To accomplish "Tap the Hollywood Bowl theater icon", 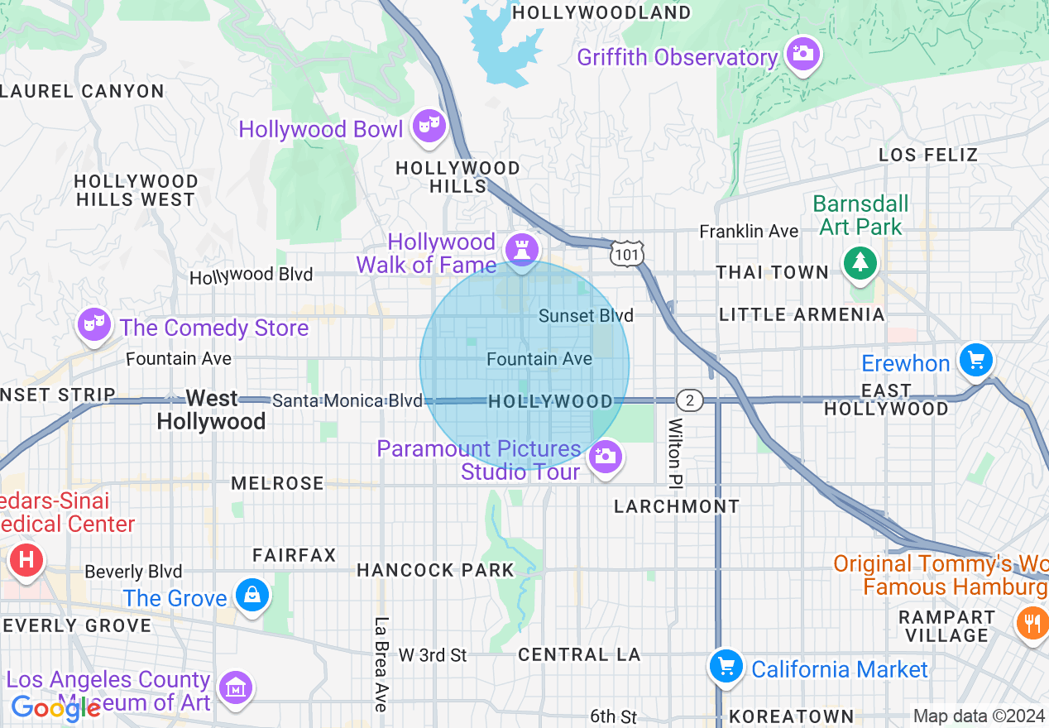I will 429,127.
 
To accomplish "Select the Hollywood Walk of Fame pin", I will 521,249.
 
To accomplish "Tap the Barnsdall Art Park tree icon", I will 860,263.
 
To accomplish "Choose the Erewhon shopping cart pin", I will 976,361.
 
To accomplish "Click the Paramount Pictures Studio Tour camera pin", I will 606,457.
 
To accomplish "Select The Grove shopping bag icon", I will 251,595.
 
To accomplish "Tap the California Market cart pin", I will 726,665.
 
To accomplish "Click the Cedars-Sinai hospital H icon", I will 26,561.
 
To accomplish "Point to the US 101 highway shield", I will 626,254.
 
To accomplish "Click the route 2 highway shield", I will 689,401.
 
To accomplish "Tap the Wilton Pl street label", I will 676,452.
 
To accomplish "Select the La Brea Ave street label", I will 381,664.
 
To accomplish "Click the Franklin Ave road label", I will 749,232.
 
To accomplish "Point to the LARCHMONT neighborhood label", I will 677,506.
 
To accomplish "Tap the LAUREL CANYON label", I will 83,91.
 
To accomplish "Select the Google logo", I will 55,709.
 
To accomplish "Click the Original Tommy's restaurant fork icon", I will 1032,621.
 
